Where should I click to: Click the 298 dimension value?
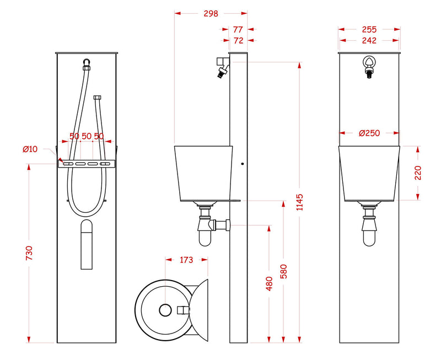(x=211, y=13)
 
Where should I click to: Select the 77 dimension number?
(x=238, y=29)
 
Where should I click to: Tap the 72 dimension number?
(x=238, y=40)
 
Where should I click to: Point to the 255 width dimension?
(x=369, y=29)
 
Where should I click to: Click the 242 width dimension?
(x=369, y=40)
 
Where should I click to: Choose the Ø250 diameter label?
(x=369, y=133)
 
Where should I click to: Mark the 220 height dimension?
(x=418, y=173)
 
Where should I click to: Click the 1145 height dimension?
(x=300, y=202)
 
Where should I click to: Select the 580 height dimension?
(x=284, y=271)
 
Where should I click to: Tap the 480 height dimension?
(x=269, y=284)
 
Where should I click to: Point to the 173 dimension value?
(x=186, y=260)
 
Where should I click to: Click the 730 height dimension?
(x=29, y=253)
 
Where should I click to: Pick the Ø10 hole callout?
(x=30, y=149)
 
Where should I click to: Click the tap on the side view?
(x=223, y=67)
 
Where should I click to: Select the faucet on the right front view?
(x=369, y=67)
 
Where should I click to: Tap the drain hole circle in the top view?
(x=165, y=310)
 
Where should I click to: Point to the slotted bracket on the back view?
(x=87, y=164)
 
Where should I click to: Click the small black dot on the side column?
(x=243, y=164)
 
